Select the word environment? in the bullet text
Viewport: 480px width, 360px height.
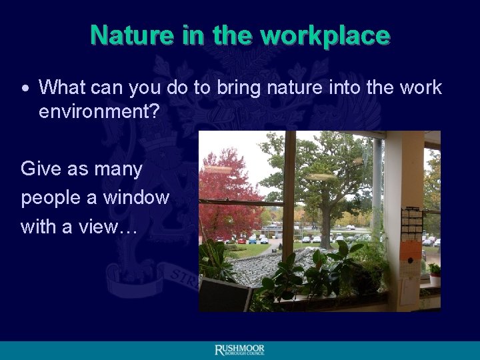tap(99, 111)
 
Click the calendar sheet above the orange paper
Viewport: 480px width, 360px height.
tap(411, 224)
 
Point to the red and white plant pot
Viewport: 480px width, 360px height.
tap(434, 278)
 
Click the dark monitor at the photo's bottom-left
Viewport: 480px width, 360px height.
tap(223, 295)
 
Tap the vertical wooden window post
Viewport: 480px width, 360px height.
tap(289, 193)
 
